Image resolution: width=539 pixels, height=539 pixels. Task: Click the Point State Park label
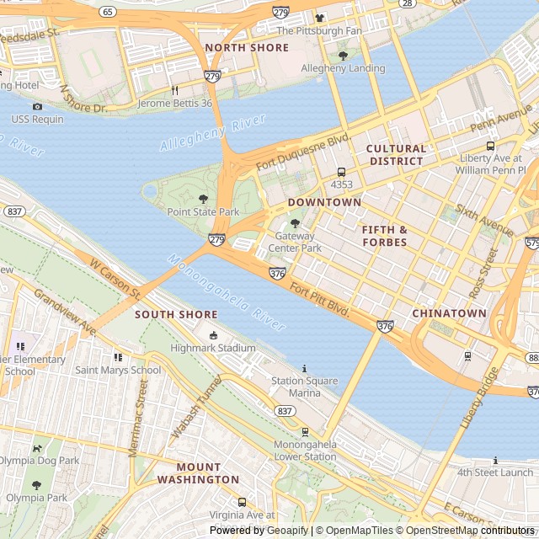click(203, 212)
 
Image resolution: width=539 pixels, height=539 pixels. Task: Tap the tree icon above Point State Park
click(202, 199)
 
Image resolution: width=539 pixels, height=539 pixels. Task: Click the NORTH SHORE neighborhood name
click(247, 48)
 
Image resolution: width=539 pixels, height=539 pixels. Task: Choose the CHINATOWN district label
click(449, 313)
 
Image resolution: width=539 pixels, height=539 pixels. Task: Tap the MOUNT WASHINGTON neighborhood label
click(198, 473)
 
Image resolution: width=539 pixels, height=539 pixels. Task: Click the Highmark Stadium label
click(213, 348)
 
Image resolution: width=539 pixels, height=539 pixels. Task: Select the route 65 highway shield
click(107, 12)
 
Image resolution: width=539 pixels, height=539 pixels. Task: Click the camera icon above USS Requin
click(37, 106)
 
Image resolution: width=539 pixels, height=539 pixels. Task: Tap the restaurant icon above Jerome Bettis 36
click(175, 90)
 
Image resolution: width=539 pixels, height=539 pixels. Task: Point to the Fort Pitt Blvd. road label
click(319, 300)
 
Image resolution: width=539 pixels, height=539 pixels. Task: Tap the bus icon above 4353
click(341, 172)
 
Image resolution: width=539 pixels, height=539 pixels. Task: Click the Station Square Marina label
click(304, 387)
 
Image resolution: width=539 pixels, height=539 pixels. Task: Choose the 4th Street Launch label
click(495, 472)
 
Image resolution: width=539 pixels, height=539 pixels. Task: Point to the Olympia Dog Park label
click(39, 461)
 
